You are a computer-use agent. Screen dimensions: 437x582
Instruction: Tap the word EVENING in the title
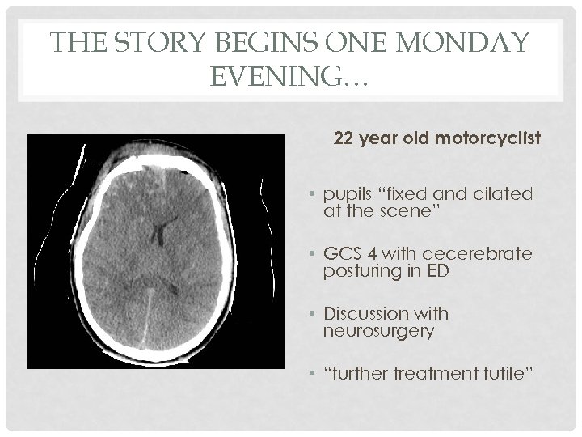tap(280, 78)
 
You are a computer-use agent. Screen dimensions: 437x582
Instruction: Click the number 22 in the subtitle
tap(343, 139)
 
